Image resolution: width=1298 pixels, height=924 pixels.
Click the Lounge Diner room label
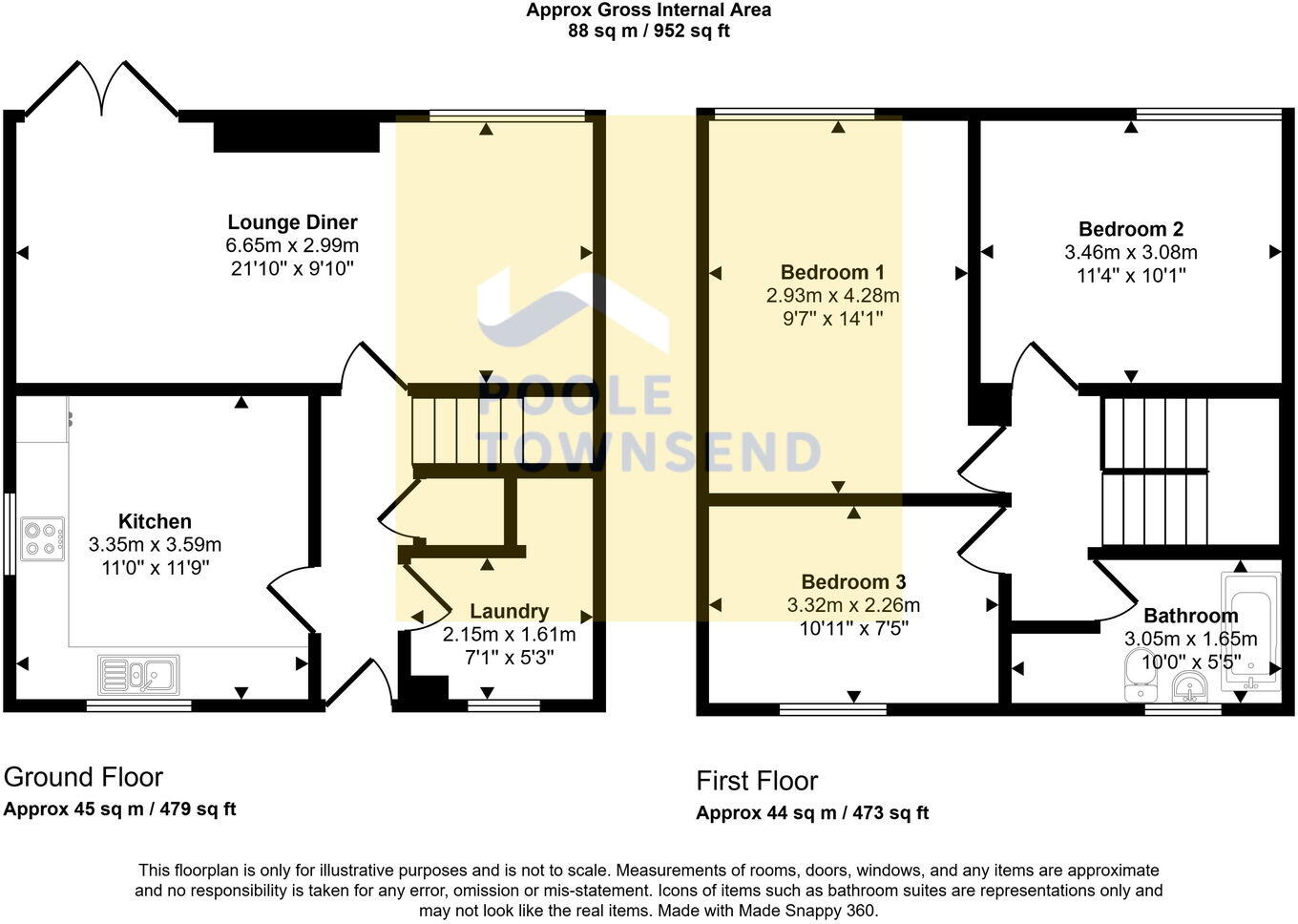pyautogui.click(x=292, y=222)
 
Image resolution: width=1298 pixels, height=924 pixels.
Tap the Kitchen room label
pyautogui.click(x=155, y=521)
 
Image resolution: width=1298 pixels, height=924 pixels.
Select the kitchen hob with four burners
pyautogui.click(x=42, y=537)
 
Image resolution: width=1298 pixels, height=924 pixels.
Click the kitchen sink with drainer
pyautogui.click(x=138, y=674)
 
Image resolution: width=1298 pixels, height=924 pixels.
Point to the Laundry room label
pyautogui.click(x=509, y=611)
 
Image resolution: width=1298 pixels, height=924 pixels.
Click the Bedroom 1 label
pyautogui.click(x=832, y=272)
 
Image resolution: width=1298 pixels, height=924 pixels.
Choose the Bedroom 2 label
pyautogui.click(x=1130, y=229)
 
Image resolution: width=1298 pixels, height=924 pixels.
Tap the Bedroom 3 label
pyautogui.click(x=853, y=581)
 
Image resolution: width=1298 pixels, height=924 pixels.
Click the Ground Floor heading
pyautogui.click(x=84, y=777)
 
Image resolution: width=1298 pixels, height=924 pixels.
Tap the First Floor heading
pyautogui.click(x=757, y=781)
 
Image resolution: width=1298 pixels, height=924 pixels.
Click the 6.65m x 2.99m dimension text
pyautogui.click(x=292, y=246)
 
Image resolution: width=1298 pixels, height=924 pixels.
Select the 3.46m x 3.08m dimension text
pyautogui.click(x=1130, y=253)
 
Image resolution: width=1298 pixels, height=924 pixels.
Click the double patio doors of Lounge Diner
pyautogui.click(x=101, y=91)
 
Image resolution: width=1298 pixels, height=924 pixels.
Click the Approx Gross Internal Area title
pyautogui.click(x=648, y=10)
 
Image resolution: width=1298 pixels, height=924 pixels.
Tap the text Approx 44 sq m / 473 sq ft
pyautogui.click(x=812, y=813)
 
